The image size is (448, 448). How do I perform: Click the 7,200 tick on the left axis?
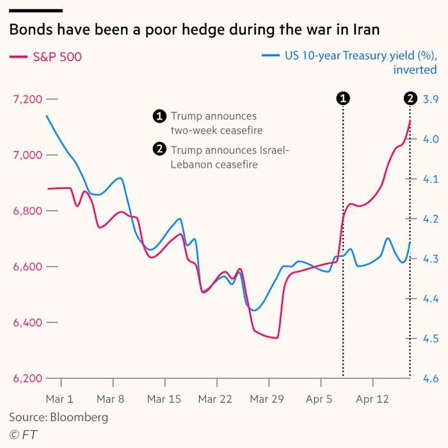point(26,99)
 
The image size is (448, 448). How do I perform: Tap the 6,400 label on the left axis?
point(26,323)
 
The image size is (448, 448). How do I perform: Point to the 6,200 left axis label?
point(26,378)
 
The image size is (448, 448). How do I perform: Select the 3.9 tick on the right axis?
point(430,99)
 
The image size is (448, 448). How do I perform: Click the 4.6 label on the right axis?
point(430,378)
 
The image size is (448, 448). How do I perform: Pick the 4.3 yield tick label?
point(430,259)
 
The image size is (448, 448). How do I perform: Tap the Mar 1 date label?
point(61,399)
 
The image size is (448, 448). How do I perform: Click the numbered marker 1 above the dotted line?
point(343,98)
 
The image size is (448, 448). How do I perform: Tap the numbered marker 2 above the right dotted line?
point(410,98)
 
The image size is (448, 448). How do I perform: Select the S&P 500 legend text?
point(57,57)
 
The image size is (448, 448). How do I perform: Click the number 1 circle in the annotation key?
point(159,116)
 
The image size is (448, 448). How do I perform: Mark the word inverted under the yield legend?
point(415,70)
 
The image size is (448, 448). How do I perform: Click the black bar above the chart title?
point(36,10)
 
